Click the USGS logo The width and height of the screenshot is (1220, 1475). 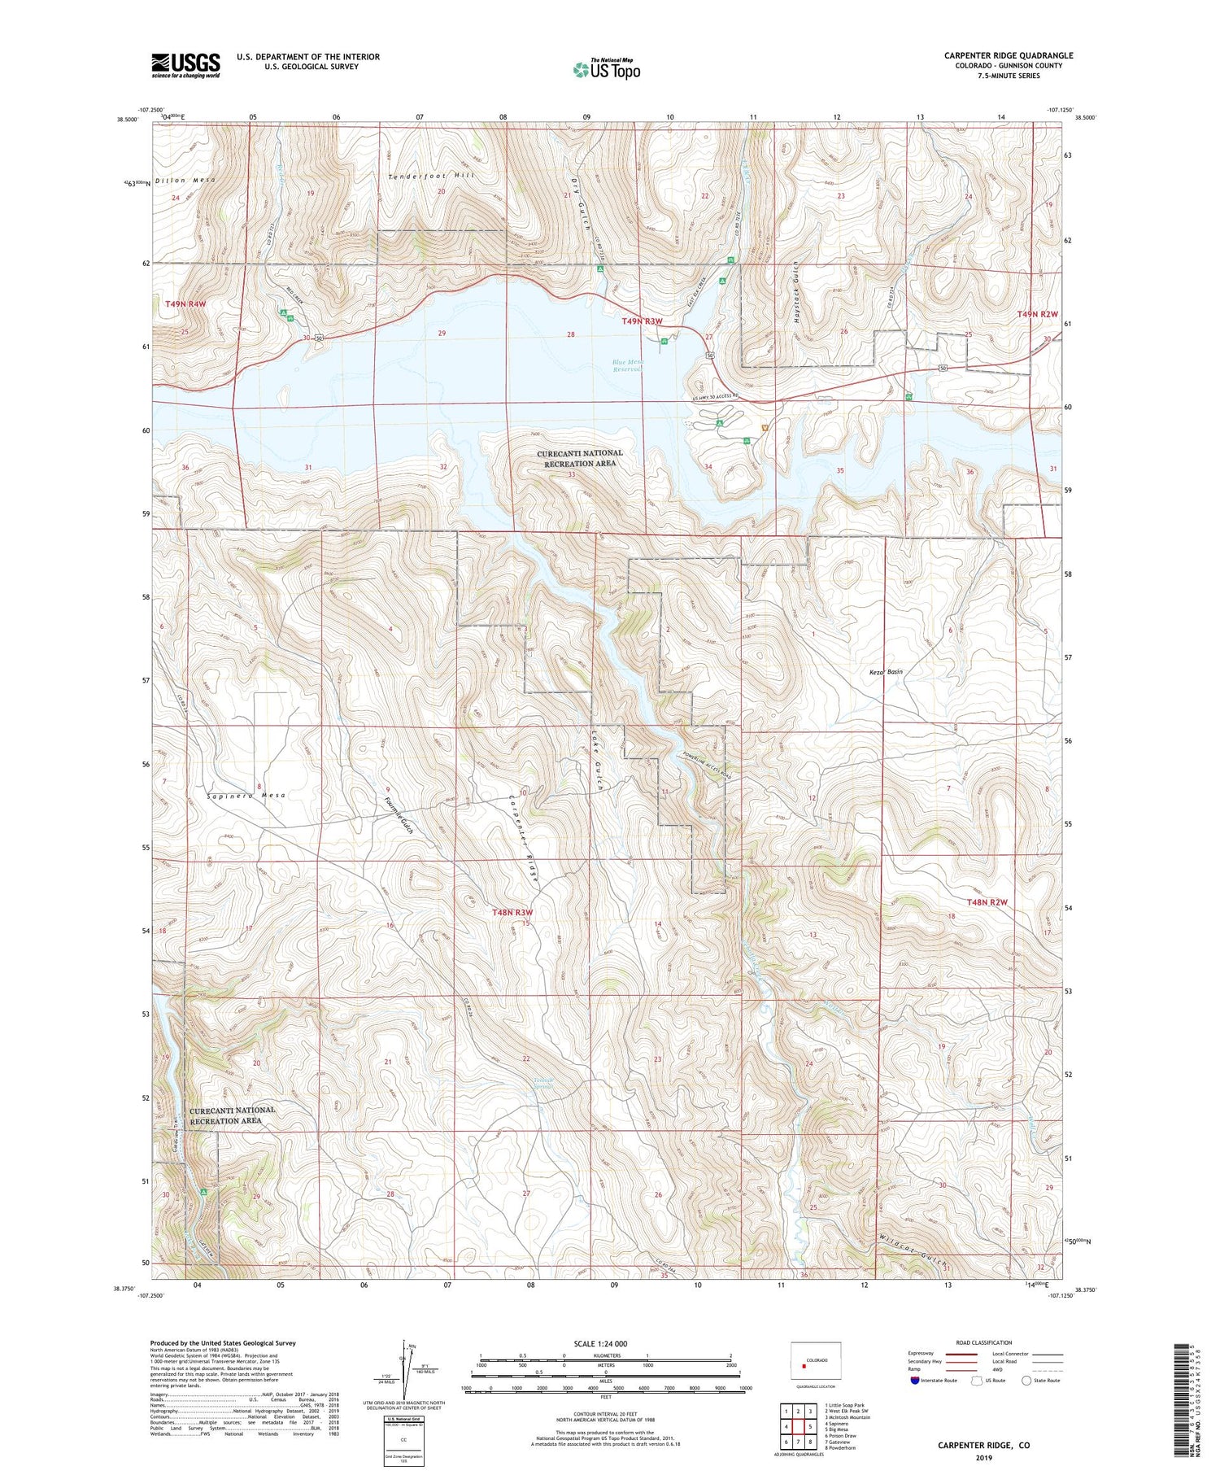point(185,65)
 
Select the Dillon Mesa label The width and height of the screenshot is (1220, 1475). point(185,180)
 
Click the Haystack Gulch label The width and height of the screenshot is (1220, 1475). point(796,294)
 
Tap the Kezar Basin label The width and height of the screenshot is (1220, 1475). point(882,672)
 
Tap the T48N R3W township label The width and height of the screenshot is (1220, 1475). point(512,913)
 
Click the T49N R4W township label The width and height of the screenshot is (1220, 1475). point(185,304)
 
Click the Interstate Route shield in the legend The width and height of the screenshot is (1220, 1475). point(915,1380)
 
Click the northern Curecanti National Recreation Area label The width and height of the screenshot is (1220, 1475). point(580,458)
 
